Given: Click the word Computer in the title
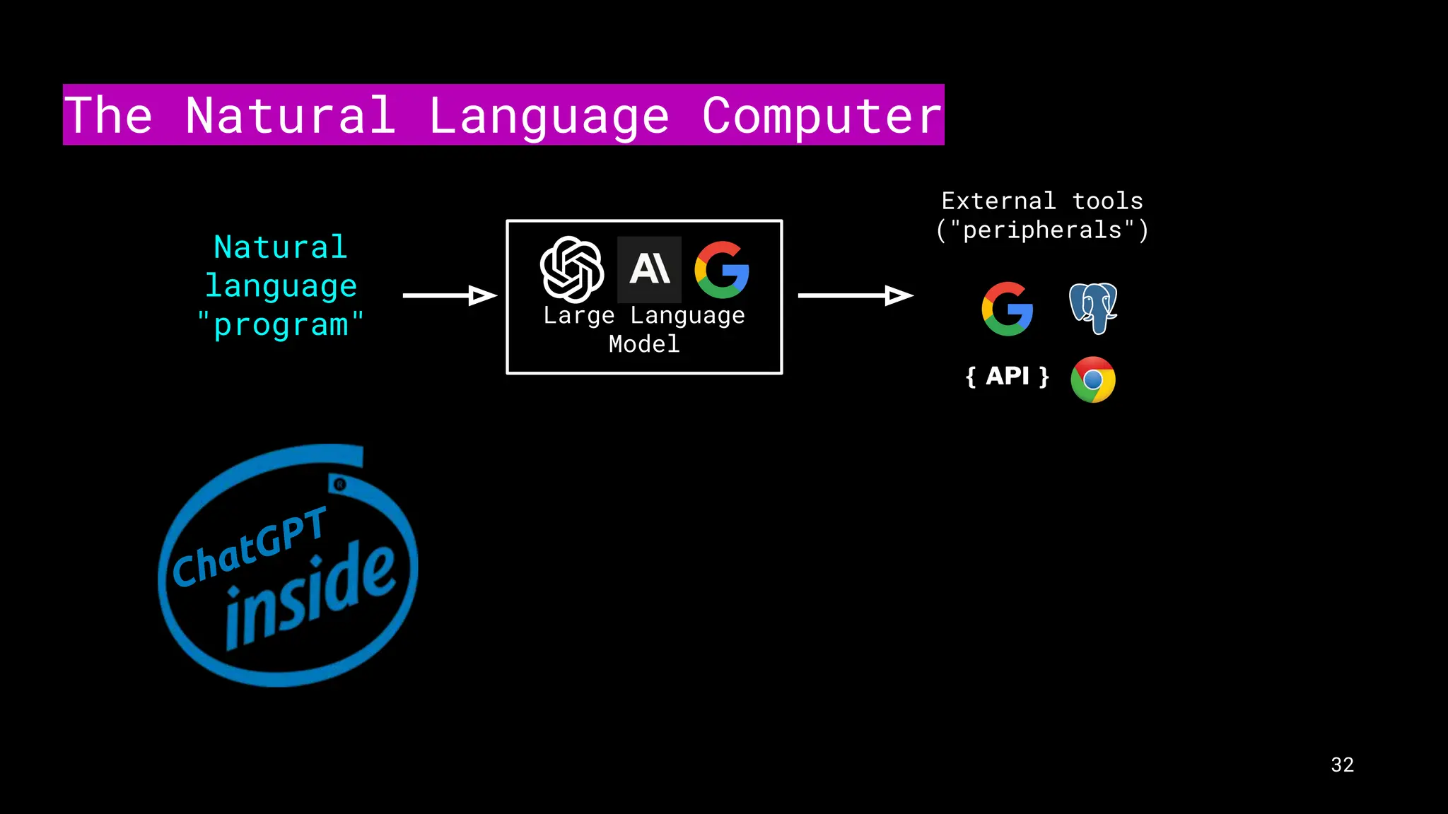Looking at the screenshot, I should (822, 116).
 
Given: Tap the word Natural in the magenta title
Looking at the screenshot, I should (290, 116).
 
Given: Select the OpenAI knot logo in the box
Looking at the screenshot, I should (572, 269).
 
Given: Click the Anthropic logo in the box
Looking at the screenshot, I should (649, 269).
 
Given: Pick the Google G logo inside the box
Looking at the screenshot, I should (722, 270).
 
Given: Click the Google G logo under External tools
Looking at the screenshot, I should (1008, 309).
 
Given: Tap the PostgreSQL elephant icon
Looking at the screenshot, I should (1093, 308).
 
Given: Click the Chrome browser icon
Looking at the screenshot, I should (1093, 379).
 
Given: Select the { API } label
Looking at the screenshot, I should (1008, 376).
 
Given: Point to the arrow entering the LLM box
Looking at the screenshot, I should (450, 295).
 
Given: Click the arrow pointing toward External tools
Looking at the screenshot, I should (856, 295).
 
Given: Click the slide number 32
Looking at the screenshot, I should (1342, 765).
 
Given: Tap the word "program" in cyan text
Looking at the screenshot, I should (281, 325).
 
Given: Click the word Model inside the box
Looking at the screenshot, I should (644, 344).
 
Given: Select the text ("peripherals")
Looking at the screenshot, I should (1042, 230).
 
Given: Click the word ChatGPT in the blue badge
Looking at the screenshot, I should (250, 548).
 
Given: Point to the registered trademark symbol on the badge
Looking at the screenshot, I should (340, 485).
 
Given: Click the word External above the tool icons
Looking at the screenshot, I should (998, 201).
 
